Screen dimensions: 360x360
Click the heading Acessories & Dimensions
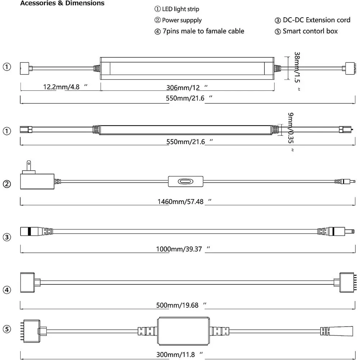(x=62, y=3)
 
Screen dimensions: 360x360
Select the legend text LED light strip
(x=180, y=9)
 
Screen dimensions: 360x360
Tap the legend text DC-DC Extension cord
(x=316, y=20)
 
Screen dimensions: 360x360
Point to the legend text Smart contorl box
(x=310, y=31)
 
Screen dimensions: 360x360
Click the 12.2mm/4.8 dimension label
(x=65, y=87)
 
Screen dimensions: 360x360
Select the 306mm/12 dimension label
(x=187, y=87)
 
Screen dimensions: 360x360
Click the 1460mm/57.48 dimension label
(x=184, y=202)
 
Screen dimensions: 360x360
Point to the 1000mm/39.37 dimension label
(x=183, y=249)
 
